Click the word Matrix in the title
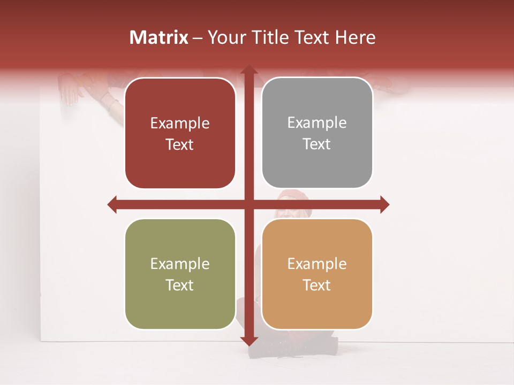159,37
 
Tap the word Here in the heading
355,37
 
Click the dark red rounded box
180,133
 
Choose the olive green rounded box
180,274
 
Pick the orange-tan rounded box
317,274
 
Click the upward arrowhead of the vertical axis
248,71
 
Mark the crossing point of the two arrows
248,204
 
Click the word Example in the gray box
317,123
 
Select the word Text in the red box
180,145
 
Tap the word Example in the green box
180,264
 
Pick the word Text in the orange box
317,286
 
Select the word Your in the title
224,37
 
